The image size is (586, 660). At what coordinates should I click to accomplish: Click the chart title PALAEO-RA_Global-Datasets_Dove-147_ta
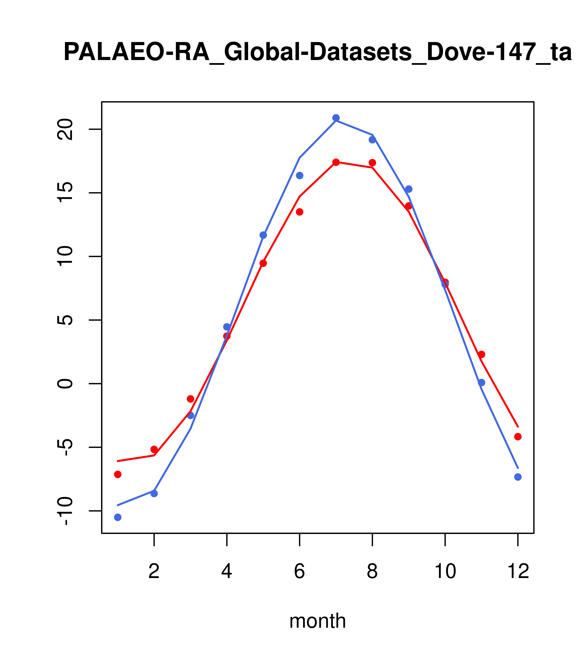coord(317,52)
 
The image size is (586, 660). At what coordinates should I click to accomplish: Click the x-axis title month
coord(317,621)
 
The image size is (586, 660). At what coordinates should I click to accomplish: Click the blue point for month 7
coord(336,118)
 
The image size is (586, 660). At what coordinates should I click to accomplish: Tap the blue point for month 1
coord(118,517)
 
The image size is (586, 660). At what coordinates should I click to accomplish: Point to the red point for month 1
coord(118,474)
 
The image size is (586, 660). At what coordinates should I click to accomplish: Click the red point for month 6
coord(300,212)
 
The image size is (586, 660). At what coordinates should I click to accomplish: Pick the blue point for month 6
coord(300,175)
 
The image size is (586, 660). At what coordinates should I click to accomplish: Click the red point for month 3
coord(191,399)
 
